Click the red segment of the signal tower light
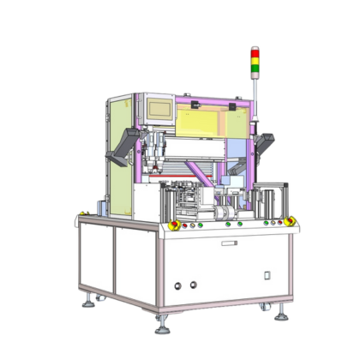point(254,52)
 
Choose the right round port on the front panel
point(193,284)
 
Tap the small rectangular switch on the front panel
point(267,275)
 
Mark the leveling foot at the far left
point(87,301)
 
